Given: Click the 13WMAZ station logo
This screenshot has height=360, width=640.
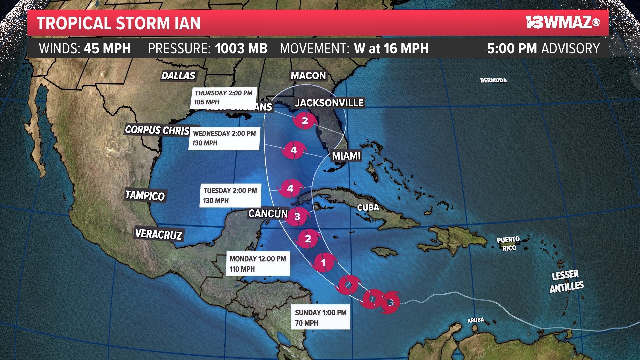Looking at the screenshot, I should click(x=563, y=22).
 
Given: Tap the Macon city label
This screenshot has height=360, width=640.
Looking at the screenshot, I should click(x=308, y=76).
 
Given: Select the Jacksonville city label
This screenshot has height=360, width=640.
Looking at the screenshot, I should click(x=329, y=103).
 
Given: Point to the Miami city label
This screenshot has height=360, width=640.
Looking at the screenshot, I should click(x=346, y=156).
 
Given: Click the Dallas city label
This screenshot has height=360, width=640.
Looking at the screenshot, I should click(x=178, y=76).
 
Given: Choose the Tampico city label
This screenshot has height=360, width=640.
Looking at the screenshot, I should click(x=145, y=195).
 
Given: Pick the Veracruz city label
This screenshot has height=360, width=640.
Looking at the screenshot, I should click(x=159, y=234).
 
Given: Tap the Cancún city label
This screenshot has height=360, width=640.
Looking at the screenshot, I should click(x=268, y=213).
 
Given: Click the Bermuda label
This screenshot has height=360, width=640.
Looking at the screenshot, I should click(x=493, y=80).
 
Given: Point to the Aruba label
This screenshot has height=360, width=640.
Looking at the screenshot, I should click(x=475, y=320).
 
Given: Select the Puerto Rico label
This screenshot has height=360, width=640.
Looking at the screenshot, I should click(x=508, y=244).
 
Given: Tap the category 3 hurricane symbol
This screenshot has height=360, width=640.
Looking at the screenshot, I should click(x=297, y=216).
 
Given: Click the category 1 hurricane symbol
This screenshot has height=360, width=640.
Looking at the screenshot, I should click(x=323, y=262).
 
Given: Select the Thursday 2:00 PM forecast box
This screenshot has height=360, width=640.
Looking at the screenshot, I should click(x=224, y=97).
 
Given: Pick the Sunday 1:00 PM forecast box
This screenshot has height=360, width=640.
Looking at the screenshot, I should click(x=320, y=317).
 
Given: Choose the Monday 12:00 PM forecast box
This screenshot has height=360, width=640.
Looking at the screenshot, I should click(x=258, y=263).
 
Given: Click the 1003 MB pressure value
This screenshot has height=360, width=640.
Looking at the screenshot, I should click(x=241, y=49).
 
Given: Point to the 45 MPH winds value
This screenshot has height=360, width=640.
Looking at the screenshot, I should click(x=107, y=49).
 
